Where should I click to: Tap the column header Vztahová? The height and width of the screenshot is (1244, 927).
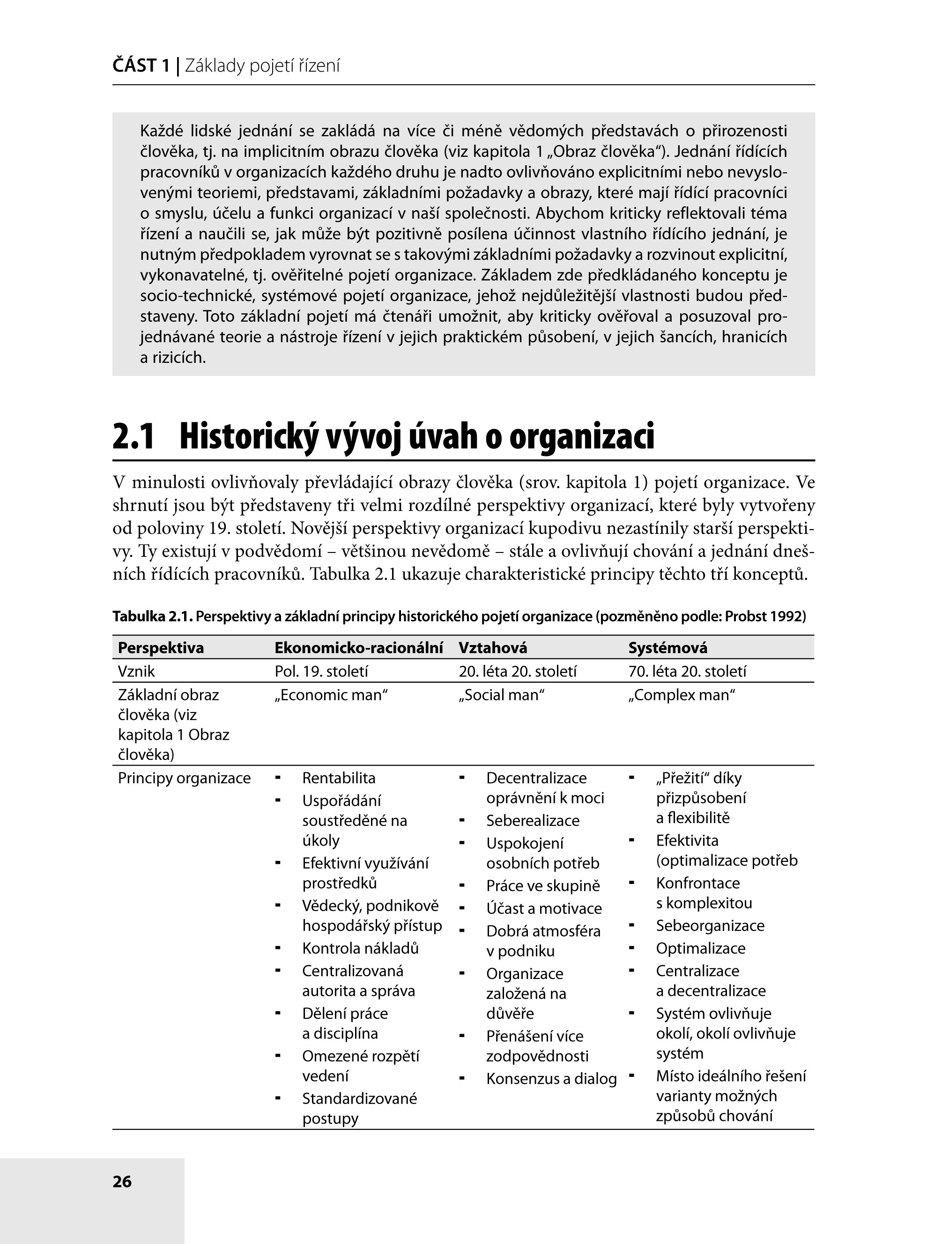(x=493, y=648)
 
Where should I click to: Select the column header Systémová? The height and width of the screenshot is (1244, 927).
(x=668, y=648)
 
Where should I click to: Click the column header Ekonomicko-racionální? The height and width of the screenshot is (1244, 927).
(x=358, y=648)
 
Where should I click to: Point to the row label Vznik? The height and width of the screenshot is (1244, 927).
(x=136, y=671)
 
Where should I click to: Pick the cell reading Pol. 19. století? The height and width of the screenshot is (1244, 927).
(x=321, y=671)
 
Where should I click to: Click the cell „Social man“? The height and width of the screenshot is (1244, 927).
(x=502, y=695)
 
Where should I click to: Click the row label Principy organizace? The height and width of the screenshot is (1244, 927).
(x=184, y=779)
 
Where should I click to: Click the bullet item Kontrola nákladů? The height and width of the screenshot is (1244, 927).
(x=360, y=949)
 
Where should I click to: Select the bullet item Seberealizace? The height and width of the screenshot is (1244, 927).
(x=533, y=821)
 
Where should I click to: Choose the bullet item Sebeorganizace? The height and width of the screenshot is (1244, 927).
(x=710, y=926)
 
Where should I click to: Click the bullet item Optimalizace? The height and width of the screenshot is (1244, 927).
(x=700, y=949)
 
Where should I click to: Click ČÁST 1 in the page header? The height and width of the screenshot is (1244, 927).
(x=141, y=66)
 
